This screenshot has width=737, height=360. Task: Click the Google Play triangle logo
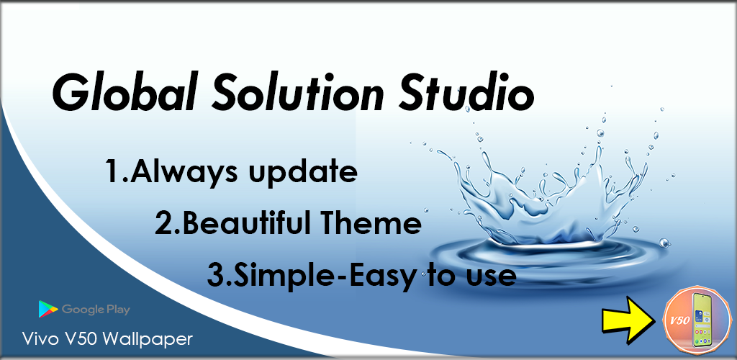tap(48, 310)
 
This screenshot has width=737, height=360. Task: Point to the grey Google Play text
tap(96, 310)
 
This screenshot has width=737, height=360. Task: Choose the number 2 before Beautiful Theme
tap(163, 224)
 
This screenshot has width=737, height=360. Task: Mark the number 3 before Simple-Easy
tap(214, 275)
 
